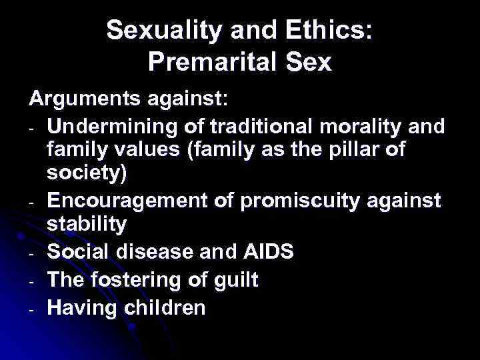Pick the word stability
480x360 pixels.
[86, 223]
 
